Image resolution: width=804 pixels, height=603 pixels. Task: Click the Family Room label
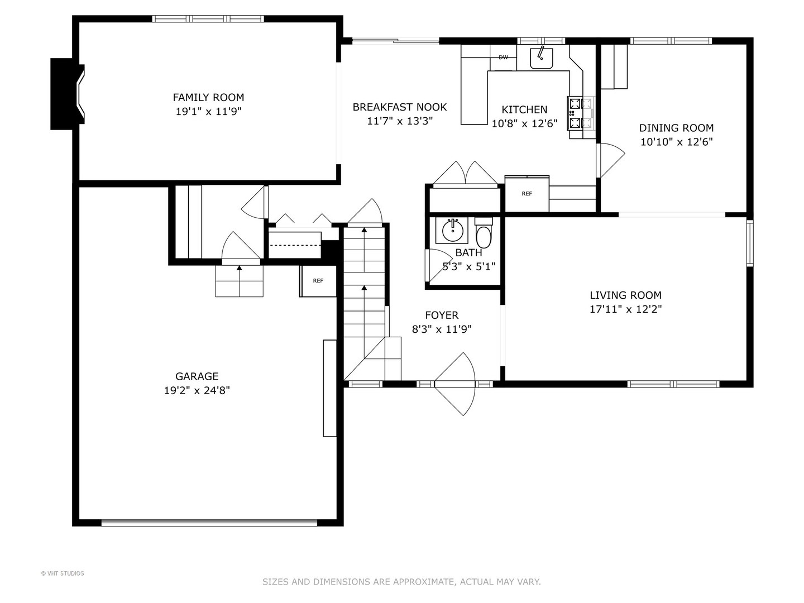pos(208,97)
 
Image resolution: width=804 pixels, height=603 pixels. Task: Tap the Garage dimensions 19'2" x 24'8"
pos(197,390)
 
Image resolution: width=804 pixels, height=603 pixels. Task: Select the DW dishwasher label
pos(503,57)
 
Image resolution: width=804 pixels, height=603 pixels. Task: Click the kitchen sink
pos(542,58)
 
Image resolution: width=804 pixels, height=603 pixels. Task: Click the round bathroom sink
pos(453,230)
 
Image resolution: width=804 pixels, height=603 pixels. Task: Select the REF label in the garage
pos(318,281)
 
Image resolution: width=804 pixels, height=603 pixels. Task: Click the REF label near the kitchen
pos(527,194)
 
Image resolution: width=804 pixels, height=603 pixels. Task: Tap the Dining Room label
pos(676,128)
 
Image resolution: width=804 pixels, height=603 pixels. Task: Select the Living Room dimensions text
pos(626,309)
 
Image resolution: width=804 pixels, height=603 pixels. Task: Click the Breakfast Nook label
pos(400,107)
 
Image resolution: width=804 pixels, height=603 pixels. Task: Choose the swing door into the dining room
pos(611,160)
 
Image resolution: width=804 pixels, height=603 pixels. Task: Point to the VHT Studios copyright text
pos(63,573)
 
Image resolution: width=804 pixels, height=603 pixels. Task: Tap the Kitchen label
pos(524,109)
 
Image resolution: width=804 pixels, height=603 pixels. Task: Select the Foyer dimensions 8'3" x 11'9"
pos(442,329)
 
